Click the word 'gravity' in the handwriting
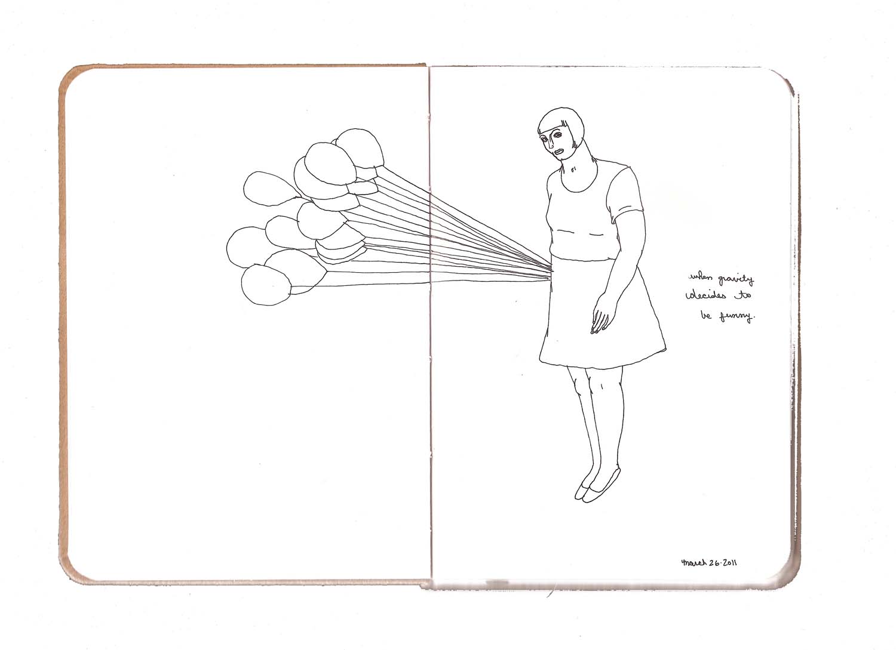coord(736,279)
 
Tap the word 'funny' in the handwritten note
coord(737,317)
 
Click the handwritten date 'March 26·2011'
coord(709,563)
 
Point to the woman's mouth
coord(559,152)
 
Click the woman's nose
coord(551,144)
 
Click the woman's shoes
coord(597,487)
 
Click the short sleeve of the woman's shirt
coord(625,195)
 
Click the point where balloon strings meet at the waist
coord(552,271)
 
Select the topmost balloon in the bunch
coord(358,148)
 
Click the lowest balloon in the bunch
coord(266,285)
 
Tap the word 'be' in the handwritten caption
coord(706,315)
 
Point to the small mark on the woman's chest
coord(573,170)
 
